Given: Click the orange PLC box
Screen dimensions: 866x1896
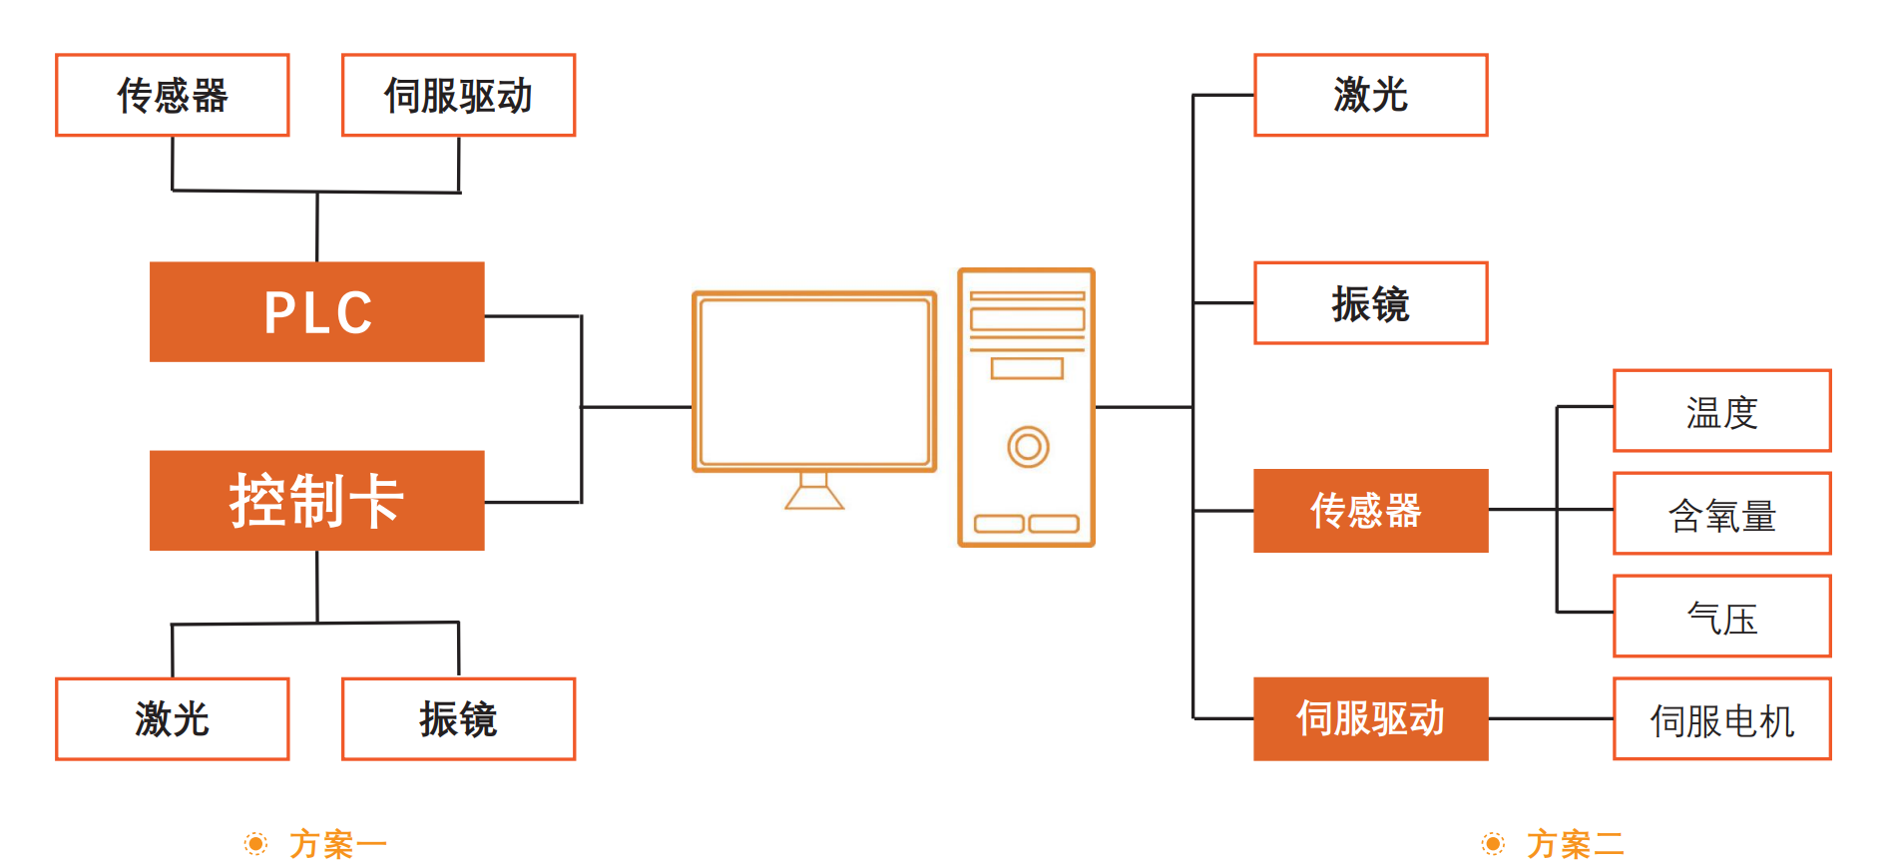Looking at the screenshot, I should [x=316, y=311].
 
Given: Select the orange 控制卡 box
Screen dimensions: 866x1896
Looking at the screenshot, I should [x=316, y=500].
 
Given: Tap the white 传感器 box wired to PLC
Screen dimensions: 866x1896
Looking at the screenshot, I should [x=173, y=95].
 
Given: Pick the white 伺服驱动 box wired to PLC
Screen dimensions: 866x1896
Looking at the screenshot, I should [x=458, y=95].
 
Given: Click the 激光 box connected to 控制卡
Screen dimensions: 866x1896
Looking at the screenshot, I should [x=173, y=718].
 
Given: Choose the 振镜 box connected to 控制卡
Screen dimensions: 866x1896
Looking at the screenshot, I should [x=458, y=718].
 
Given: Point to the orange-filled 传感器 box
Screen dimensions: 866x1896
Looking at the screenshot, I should [x=1370, y=510].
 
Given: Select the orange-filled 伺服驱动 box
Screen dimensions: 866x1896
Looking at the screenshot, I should [x=1370, y=718].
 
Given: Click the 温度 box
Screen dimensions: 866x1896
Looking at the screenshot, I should [x=1721, y=411].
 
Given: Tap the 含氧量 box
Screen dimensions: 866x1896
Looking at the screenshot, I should [x=1721, y=514].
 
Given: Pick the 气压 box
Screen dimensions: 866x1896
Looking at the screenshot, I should [x=1721, y=617].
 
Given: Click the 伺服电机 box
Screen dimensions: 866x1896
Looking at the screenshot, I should [x=1721, y=719].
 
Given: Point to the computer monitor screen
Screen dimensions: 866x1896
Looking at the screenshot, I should [x=814, y=381].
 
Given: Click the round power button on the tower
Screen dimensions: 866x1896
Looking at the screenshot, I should [x=1028, y=446].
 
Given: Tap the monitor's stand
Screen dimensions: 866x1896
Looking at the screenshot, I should [x=814, y=491].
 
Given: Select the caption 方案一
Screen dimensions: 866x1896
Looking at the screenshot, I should [x=337, y=844].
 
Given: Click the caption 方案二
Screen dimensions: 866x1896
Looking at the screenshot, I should [x=1575, y=844].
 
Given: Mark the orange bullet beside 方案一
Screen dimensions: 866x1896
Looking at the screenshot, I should [x=256, y=844].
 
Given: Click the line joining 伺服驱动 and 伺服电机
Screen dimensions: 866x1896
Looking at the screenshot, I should [x=1551, y=718].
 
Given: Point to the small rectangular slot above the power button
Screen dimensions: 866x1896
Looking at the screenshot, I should [x=1027, y=368].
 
